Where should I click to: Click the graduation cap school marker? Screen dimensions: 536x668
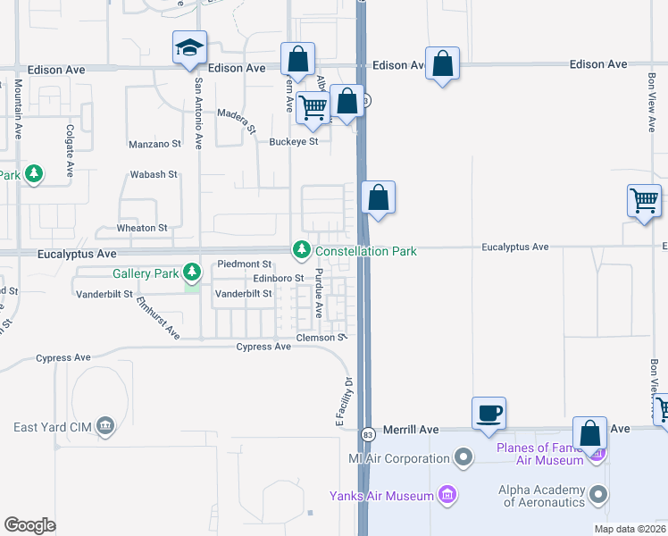[189, 47]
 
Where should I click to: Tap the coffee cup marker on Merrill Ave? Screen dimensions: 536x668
[488, 414]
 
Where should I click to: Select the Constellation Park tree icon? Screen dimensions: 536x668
[302, 249]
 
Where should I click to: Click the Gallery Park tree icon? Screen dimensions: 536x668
[192, 271]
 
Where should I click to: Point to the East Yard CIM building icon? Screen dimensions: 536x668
[105, 425]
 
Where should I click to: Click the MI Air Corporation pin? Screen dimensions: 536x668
[463, 459]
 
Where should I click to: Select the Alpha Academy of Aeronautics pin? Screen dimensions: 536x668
[601, 492]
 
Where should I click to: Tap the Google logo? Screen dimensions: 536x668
[30, 524]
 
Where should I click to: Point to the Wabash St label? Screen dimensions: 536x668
[154, 174]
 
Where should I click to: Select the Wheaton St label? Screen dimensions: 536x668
[143, 228]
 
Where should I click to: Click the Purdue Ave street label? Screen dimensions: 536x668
[319, 294]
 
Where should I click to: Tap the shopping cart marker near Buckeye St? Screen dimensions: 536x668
[312, 108]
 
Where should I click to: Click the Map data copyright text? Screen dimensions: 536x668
[630, 529]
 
